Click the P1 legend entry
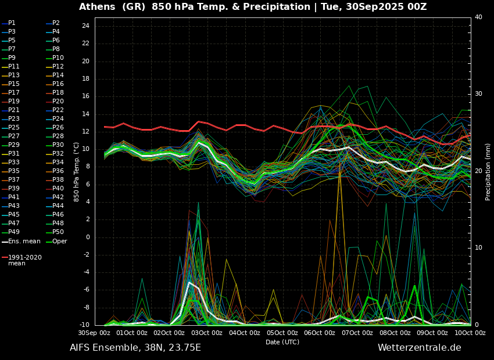[12, 23]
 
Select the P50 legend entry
[58, 232]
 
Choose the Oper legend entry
[58, 241]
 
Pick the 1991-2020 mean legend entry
[24, 260]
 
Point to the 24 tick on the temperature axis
[85, 26]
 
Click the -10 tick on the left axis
[83, 325]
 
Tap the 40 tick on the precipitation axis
[478, 17]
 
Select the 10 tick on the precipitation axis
[478, 248]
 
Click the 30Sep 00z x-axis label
[94, 333]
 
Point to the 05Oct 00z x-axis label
[282, 333]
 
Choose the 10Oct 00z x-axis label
[470, 333]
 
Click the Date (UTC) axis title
[282, 342]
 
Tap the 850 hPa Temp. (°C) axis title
[77, 171]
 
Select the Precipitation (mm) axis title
[488, 171]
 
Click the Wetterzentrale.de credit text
[419, 348]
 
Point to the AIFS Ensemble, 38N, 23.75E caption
[135, 348]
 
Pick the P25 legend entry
[13, 128]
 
